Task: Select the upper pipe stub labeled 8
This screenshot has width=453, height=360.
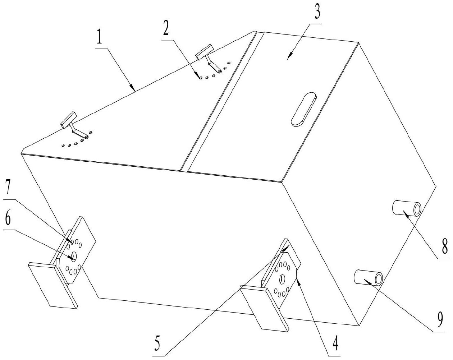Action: pyautogui.click(x=407, y=209)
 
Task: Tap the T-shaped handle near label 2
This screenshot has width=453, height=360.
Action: pyautogui.click(x=205, y=52)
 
